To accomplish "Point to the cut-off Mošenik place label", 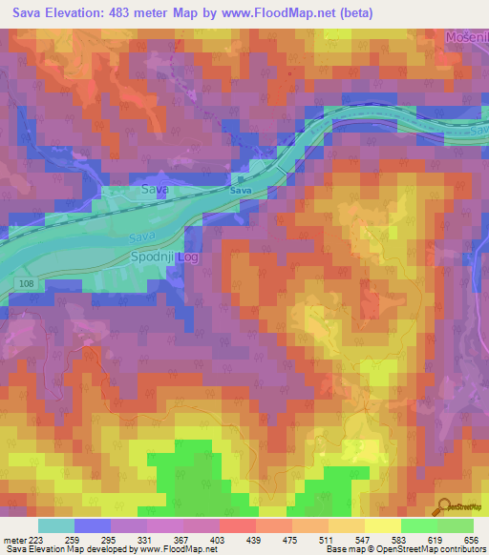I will tap(466, 37).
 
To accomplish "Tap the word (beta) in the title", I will tap(351, 13).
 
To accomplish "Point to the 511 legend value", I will tap(337, 540).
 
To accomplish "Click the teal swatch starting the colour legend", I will tap(55, 525).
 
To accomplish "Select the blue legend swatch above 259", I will tap(92, 525).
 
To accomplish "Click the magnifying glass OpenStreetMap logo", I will tap(444, 507).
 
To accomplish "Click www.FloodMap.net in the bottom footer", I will tap(174, 550).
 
